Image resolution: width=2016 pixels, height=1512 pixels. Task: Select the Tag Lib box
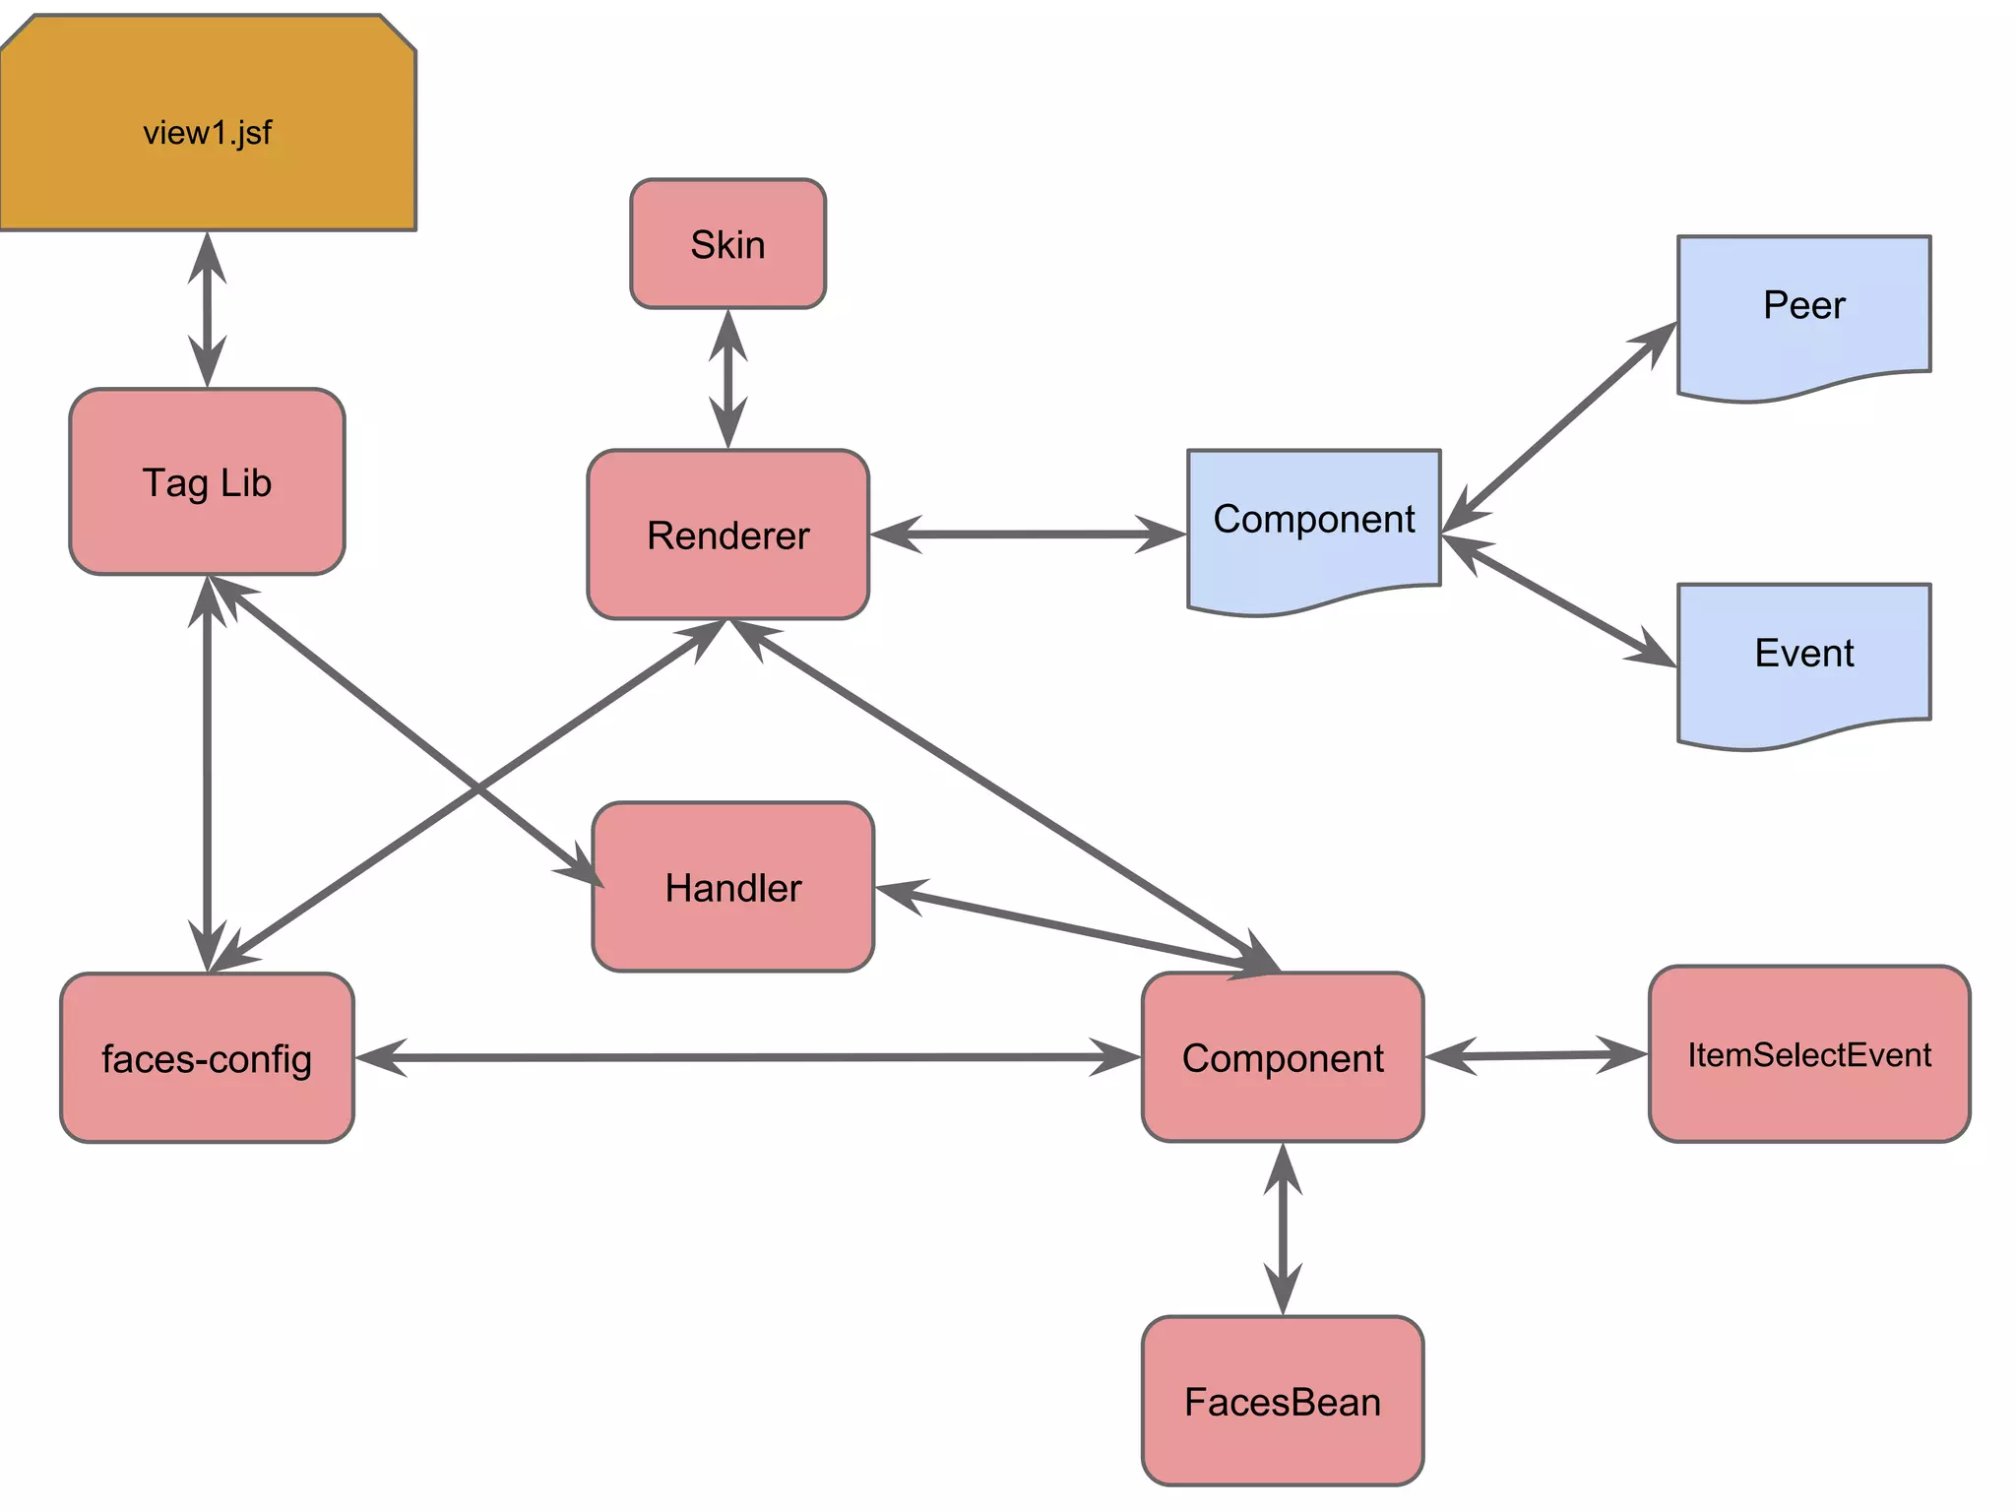[207, 482]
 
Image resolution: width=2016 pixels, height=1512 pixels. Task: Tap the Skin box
[727, 244]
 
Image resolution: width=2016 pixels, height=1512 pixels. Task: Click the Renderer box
[727, 535]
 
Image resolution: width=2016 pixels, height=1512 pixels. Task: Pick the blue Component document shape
[1313, 522]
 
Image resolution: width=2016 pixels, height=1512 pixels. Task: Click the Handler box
[732, 887]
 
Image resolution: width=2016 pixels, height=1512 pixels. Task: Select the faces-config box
[207, 1058]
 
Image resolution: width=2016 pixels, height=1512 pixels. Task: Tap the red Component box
[1282, 1058]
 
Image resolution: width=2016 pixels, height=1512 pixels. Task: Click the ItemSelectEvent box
[1808, 1054]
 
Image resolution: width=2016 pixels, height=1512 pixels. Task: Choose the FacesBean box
[1282, 1401]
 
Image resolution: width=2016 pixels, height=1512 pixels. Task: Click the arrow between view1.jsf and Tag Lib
[207, 310]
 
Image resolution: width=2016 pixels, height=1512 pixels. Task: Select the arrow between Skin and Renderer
[727, 379]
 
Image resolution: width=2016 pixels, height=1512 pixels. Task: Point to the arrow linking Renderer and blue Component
[1028, 535]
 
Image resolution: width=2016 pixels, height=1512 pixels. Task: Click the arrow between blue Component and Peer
[1559, 428]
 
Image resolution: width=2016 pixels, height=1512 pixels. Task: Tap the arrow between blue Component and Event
[1559, 600]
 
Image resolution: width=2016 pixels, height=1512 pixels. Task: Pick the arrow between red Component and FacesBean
[1282, 1228]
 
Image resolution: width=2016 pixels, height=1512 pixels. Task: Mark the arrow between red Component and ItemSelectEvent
[1536, 1055]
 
